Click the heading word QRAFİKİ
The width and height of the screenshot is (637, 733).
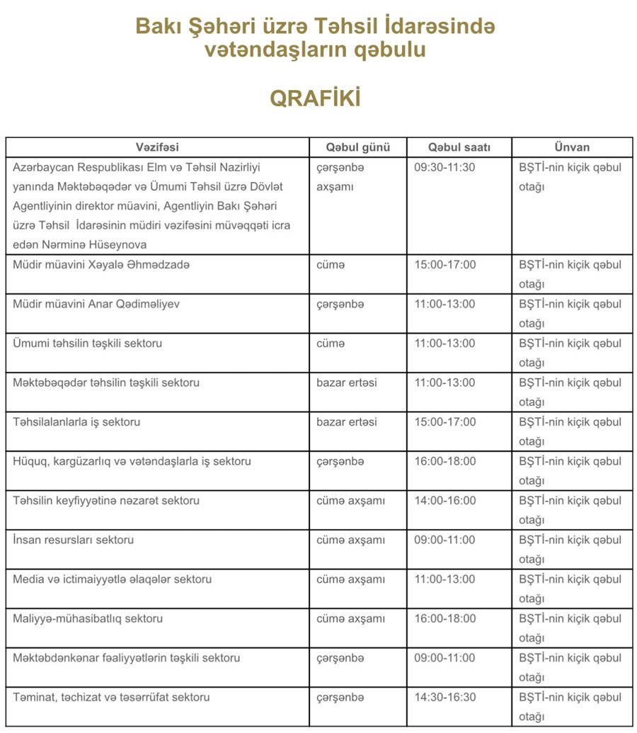click(x=315, y=98)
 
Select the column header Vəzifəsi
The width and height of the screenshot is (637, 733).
click(x=157, y=147)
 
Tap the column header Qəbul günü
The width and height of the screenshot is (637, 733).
click(x=357, y=147)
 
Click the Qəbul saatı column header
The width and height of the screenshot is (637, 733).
click(x=459, y=147)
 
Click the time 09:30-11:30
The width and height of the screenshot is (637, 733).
click(x=444, y=168)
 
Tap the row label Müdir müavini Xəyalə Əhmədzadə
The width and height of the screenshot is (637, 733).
click(x=101, y=265)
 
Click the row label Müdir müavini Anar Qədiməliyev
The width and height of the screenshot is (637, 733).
click(x=96, y=304)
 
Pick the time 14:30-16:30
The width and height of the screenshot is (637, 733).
click(x=444, y=697)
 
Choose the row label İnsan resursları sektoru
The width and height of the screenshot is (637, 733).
click(x=73, y=540)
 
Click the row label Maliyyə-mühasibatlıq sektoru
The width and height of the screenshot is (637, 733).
click(x=88, y=618)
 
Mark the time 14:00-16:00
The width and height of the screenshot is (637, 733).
click(x=444, y=501)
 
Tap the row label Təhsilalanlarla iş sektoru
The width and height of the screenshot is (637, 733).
click(x=76, y=422)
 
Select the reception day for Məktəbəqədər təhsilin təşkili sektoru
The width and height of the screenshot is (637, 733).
click(x=346, y=382)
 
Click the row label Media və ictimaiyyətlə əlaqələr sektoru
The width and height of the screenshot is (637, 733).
click(x=112, y=579)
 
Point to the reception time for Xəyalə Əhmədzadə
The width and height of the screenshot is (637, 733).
click(x=444, y=265)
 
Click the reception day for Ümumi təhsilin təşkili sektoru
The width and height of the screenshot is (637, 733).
click(x=331, y=343)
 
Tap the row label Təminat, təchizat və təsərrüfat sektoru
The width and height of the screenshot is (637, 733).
click(x=111, y=697)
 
